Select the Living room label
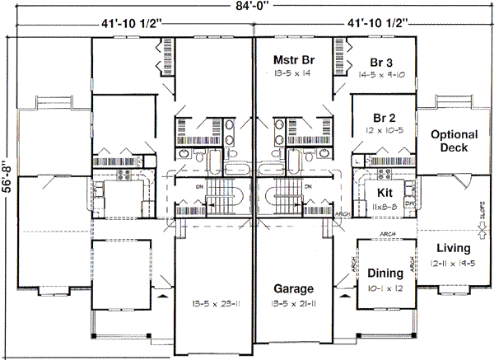454,248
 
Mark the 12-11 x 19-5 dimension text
454,262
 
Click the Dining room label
384,274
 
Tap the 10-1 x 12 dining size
384,288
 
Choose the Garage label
294,289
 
